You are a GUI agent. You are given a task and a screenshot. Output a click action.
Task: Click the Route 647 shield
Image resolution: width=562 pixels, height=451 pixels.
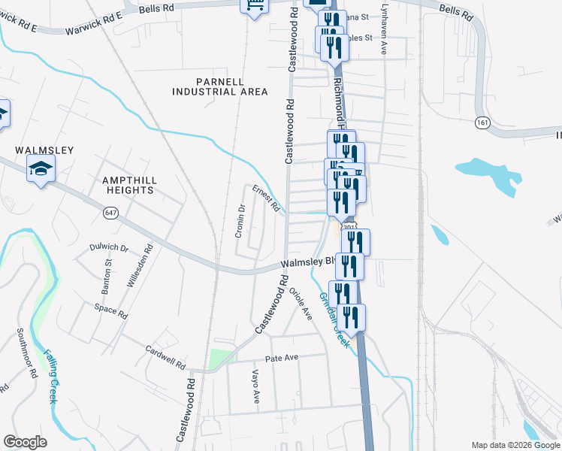point(110,213)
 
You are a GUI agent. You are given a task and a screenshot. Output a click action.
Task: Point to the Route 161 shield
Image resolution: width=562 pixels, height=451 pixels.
point(482,122)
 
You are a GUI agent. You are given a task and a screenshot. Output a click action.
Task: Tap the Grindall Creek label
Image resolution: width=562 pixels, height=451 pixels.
point(334,319)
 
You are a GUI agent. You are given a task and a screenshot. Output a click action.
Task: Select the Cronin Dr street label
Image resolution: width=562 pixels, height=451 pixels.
point(240,221)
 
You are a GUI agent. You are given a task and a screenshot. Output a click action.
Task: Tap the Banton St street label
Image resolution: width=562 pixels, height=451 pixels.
point(107,277)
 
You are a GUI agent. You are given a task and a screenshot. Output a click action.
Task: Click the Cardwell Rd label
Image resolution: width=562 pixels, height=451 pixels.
point(165,359)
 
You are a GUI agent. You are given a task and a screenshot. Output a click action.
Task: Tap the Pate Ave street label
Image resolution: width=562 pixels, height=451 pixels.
point(282,357)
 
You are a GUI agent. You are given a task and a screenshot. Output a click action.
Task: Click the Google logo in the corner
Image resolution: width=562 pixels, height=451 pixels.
point(25,441)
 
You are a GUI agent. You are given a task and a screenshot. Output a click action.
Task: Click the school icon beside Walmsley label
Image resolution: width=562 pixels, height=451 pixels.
point(41,170)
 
